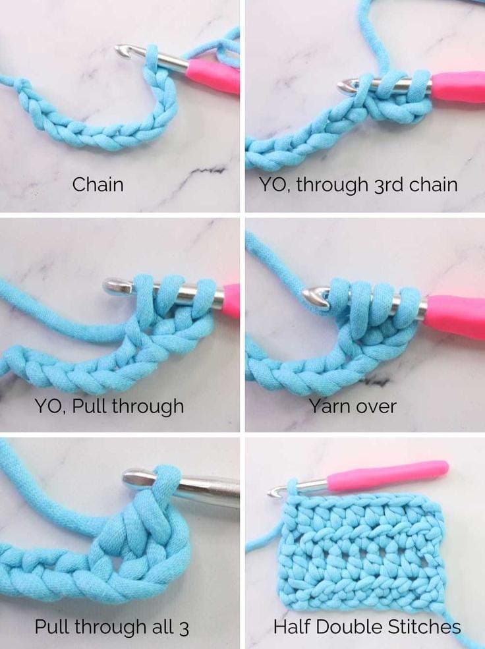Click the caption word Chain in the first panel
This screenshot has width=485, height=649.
(x=98, y=184)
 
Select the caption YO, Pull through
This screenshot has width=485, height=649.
(x=109, y=407)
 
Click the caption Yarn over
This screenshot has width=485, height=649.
(x=353, y=406)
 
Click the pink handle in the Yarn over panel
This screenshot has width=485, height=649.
(x=455, y=317)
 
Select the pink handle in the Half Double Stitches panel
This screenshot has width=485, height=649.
(x=387, y=476)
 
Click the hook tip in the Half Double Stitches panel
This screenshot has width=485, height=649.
(x=274, y=493)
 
